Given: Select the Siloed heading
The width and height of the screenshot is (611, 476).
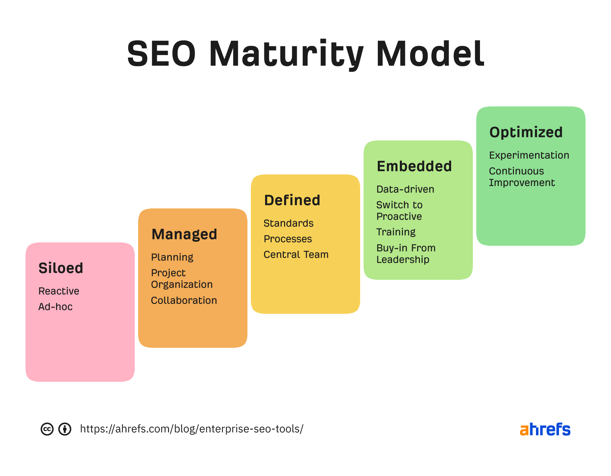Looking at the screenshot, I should coord(61,268).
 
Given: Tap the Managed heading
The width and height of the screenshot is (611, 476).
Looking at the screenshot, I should coord(184,234).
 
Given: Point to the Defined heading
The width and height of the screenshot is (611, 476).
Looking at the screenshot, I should coord(292,200).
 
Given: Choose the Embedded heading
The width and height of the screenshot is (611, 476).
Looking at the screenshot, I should coord(414,166).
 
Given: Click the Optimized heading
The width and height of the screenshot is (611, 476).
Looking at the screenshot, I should coord(526,132).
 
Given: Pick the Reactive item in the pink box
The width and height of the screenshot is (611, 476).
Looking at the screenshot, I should coord(59,291).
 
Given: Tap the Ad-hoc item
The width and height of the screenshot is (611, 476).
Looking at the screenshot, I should coord(55,307).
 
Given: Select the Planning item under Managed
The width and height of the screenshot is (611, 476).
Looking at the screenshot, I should coord(172,257).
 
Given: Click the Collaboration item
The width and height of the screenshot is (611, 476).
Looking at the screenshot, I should coord(184,301).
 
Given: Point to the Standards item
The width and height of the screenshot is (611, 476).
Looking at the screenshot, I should coord(289,223).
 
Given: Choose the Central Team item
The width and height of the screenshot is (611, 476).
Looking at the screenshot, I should coord(296,255).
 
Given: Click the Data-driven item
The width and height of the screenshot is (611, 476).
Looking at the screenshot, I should coord(405,189).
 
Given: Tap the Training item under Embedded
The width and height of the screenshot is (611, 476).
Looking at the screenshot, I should coord(396,232).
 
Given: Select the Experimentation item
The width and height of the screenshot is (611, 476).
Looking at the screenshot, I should coord(529,155).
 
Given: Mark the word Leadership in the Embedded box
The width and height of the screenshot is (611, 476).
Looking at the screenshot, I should coord(403,260).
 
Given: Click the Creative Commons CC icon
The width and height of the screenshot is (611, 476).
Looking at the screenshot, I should coord(47,429).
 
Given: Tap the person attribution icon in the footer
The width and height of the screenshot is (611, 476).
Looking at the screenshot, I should coord(65,429).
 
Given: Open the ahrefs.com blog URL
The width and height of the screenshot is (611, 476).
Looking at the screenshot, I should coord(192,429).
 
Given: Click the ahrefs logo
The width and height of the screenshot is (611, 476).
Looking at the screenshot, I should coord(545,429).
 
